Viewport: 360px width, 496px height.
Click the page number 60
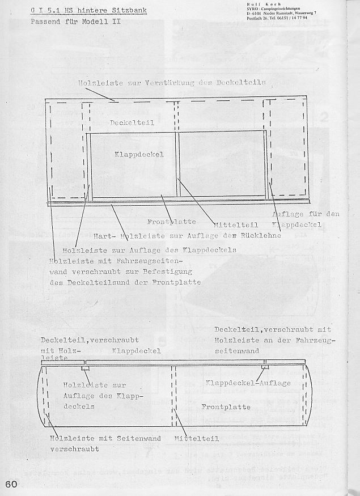pos(12,485)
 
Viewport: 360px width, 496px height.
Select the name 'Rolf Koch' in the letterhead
pos(265,4)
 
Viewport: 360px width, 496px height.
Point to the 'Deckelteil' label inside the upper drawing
pos(132,122)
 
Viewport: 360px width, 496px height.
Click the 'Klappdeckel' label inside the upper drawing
pos(139,154)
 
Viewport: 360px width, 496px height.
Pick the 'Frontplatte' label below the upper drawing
pos(172,221)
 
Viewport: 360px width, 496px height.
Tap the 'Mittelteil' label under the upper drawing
pos(236,224)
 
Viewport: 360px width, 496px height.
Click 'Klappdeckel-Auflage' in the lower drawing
pos(249,383)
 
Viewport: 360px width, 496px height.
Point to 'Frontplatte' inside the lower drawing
pos(226,406)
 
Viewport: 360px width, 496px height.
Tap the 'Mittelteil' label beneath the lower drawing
pos(197,438)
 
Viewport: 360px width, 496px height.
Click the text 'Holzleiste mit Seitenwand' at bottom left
pos(105,438)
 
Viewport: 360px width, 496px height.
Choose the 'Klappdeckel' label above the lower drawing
pos(137,350)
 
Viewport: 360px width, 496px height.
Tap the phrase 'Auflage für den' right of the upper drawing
pos(306,214)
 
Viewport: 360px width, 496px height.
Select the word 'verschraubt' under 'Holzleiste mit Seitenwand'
pos(74,448)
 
